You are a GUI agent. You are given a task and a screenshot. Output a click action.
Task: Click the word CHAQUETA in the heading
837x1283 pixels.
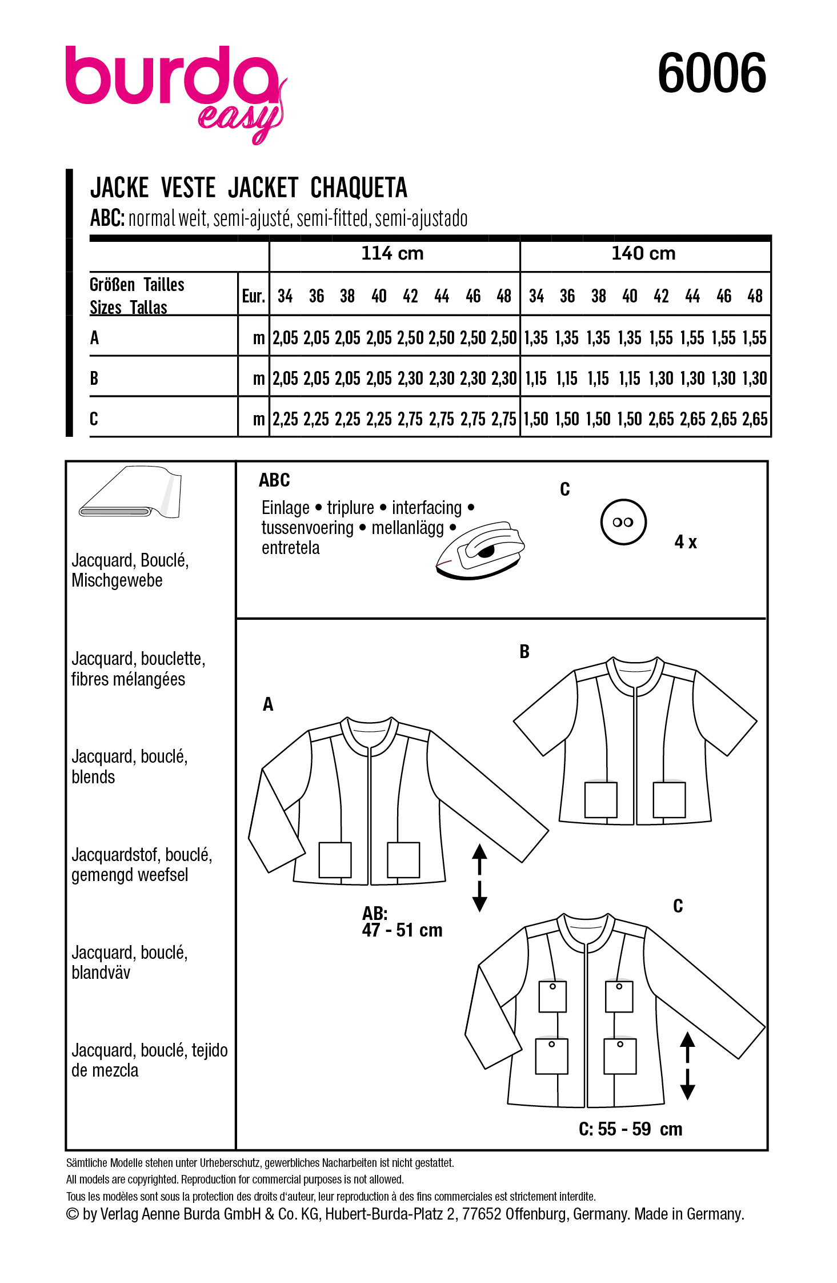(358, 188)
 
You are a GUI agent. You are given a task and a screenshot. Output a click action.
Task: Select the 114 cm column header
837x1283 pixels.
(393, 253)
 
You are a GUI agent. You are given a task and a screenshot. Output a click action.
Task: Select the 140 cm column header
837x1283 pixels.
(643, 253)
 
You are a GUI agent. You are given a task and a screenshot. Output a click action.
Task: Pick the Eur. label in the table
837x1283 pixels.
(253, 296)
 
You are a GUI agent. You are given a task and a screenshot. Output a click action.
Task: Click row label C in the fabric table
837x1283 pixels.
(94, 419)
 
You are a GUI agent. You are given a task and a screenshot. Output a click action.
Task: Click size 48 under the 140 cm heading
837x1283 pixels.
(755, 296)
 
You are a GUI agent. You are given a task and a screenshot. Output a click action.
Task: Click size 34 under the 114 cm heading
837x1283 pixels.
(285, 296)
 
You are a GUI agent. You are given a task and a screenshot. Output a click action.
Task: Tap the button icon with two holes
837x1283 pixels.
(623, 522)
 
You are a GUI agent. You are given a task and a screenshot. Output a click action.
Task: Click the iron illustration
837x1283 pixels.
(480, 549)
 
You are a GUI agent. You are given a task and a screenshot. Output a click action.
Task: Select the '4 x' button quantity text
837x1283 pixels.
(686, 542)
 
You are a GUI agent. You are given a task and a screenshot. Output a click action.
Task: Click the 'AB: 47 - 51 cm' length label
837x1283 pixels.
(402, 922)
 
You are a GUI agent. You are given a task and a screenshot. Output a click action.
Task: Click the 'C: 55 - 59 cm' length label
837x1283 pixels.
(630, 1129)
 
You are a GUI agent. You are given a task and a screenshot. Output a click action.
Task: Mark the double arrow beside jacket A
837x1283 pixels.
(479, 877)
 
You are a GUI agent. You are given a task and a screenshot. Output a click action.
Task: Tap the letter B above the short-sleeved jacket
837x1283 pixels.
(524, 652)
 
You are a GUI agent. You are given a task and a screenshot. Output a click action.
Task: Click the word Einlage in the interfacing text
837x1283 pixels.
(285, 508)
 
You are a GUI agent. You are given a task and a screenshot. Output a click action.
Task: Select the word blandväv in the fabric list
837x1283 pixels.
(101, 973)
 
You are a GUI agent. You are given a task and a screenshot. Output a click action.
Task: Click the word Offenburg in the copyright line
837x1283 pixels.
(536, 1214)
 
